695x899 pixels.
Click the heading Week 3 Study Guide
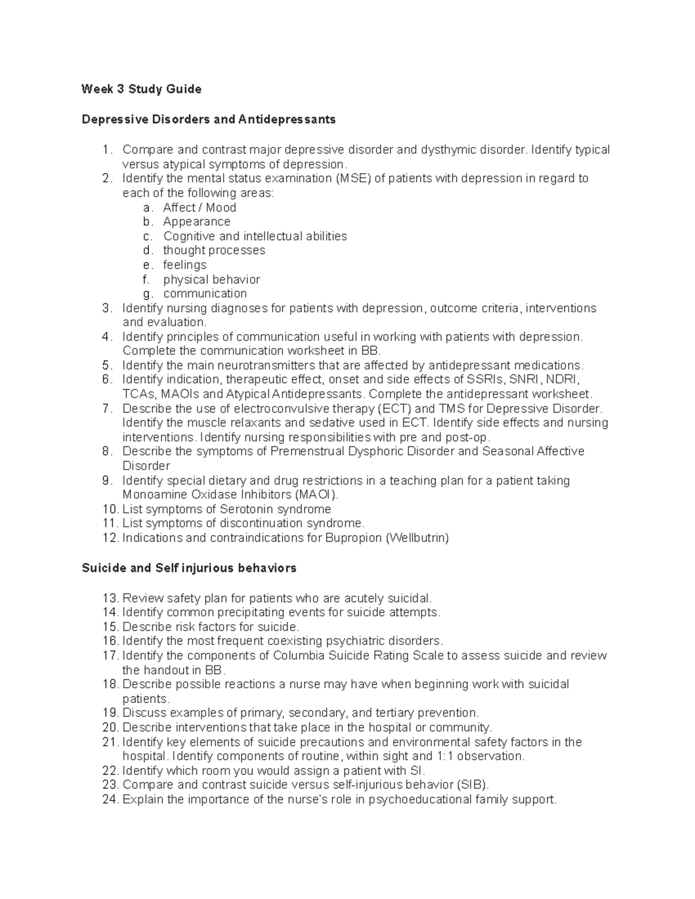tap(141, 89)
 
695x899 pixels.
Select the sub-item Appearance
tap(196, 222)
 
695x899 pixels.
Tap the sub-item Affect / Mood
tap(199, 207)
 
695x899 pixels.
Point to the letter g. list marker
tap(148, 293)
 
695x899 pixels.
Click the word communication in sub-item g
tap(205, 293)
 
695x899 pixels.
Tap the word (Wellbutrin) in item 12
tap(417, 538)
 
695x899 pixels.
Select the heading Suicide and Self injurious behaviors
tap(189, 568)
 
